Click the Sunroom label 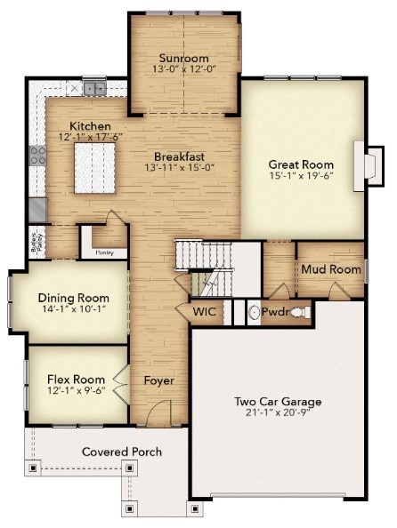(x=183, y=58)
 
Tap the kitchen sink (x=94, y=89)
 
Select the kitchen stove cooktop (x=37, y=156)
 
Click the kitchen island (x=94, y=168)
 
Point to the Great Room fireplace (x=369, y=166)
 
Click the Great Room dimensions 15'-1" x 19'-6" (x=301, y=175)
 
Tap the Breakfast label (x=179, y=156)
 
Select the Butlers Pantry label (x=36, y=243)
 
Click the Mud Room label (x=331, y=269)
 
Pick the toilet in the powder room (x=300, y=313)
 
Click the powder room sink (x=254, y=312)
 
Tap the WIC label (x=205, y=311)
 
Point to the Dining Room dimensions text (x=74, y=308)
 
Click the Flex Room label (x=76, y=380)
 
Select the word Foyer (x=158, y=380)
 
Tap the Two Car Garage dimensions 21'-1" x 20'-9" (x=278, y=412)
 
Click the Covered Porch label (x=122, y=452)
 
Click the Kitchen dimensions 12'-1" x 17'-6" (x=91, y=137)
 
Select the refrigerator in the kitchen (x=37, y=210)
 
